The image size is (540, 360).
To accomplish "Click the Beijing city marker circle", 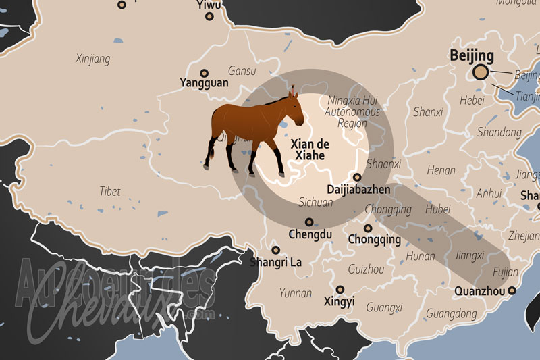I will [x=481, y=72].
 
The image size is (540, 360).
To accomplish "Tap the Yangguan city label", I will [x=204, y=83].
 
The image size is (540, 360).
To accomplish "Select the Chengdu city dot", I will [x=309, y=222].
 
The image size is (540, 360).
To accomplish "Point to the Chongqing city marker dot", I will [x=368, y=228].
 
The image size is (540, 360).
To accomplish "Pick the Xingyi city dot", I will [x=338, y=288].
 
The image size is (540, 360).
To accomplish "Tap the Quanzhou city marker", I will [x=512, y=290].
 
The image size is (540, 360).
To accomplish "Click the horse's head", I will [x=292, y=103].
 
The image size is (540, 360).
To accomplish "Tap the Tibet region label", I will [x=109, y=191].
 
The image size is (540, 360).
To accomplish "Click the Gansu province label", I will [x=242, y=70].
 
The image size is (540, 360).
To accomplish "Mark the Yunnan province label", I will [x=296, y=293].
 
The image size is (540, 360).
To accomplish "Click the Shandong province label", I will [x=499, y=132].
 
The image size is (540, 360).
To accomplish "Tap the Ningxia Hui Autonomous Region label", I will [x=352, y=112].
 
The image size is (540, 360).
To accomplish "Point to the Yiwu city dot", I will [x=211, y=16].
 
